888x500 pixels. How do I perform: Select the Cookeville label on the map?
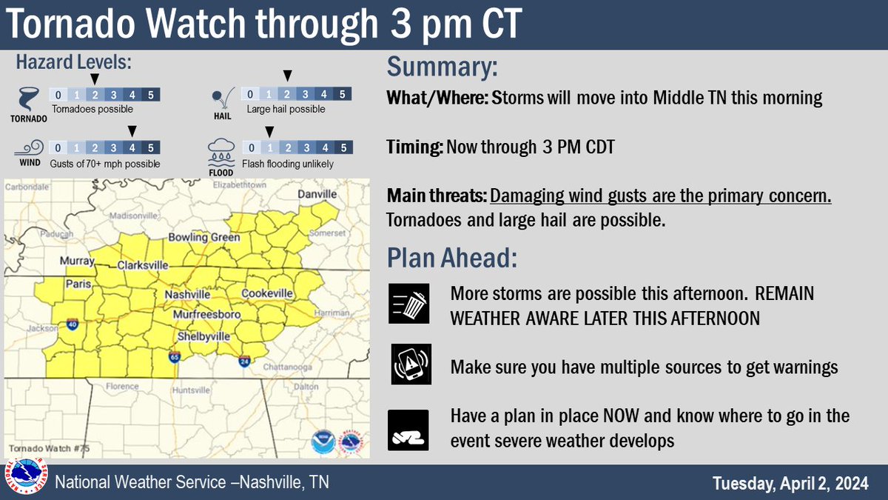(267, 294)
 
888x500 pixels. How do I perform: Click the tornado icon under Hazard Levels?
(29, 97)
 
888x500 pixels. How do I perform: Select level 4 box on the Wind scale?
(132, 147)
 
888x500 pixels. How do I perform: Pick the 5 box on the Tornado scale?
(151, 95)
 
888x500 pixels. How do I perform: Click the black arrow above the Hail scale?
(288, 76)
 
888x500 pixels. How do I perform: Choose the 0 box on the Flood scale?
(253, 147)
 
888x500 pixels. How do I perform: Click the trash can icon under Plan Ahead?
(410, 304)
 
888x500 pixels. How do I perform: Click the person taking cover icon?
(408, 430)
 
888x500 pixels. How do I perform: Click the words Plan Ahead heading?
(451, 259)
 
